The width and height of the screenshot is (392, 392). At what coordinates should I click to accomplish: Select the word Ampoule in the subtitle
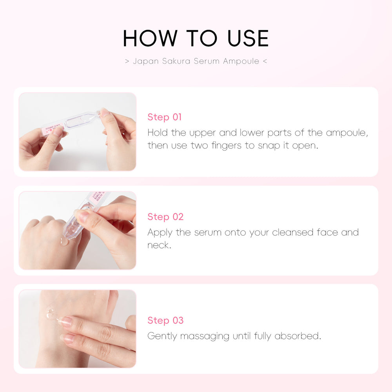(241, 61)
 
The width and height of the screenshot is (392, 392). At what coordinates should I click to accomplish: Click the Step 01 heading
(165, 117)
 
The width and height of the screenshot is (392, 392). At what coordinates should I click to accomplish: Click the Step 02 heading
(165, 217)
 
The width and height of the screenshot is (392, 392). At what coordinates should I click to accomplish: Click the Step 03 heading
(165, 320)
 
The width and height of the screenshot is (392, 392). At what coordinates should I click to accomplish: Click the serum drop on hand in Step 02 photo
(64, 241)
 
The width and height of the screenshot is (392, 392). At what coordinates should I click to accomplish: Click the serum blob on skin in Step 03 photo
(50, 313)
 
